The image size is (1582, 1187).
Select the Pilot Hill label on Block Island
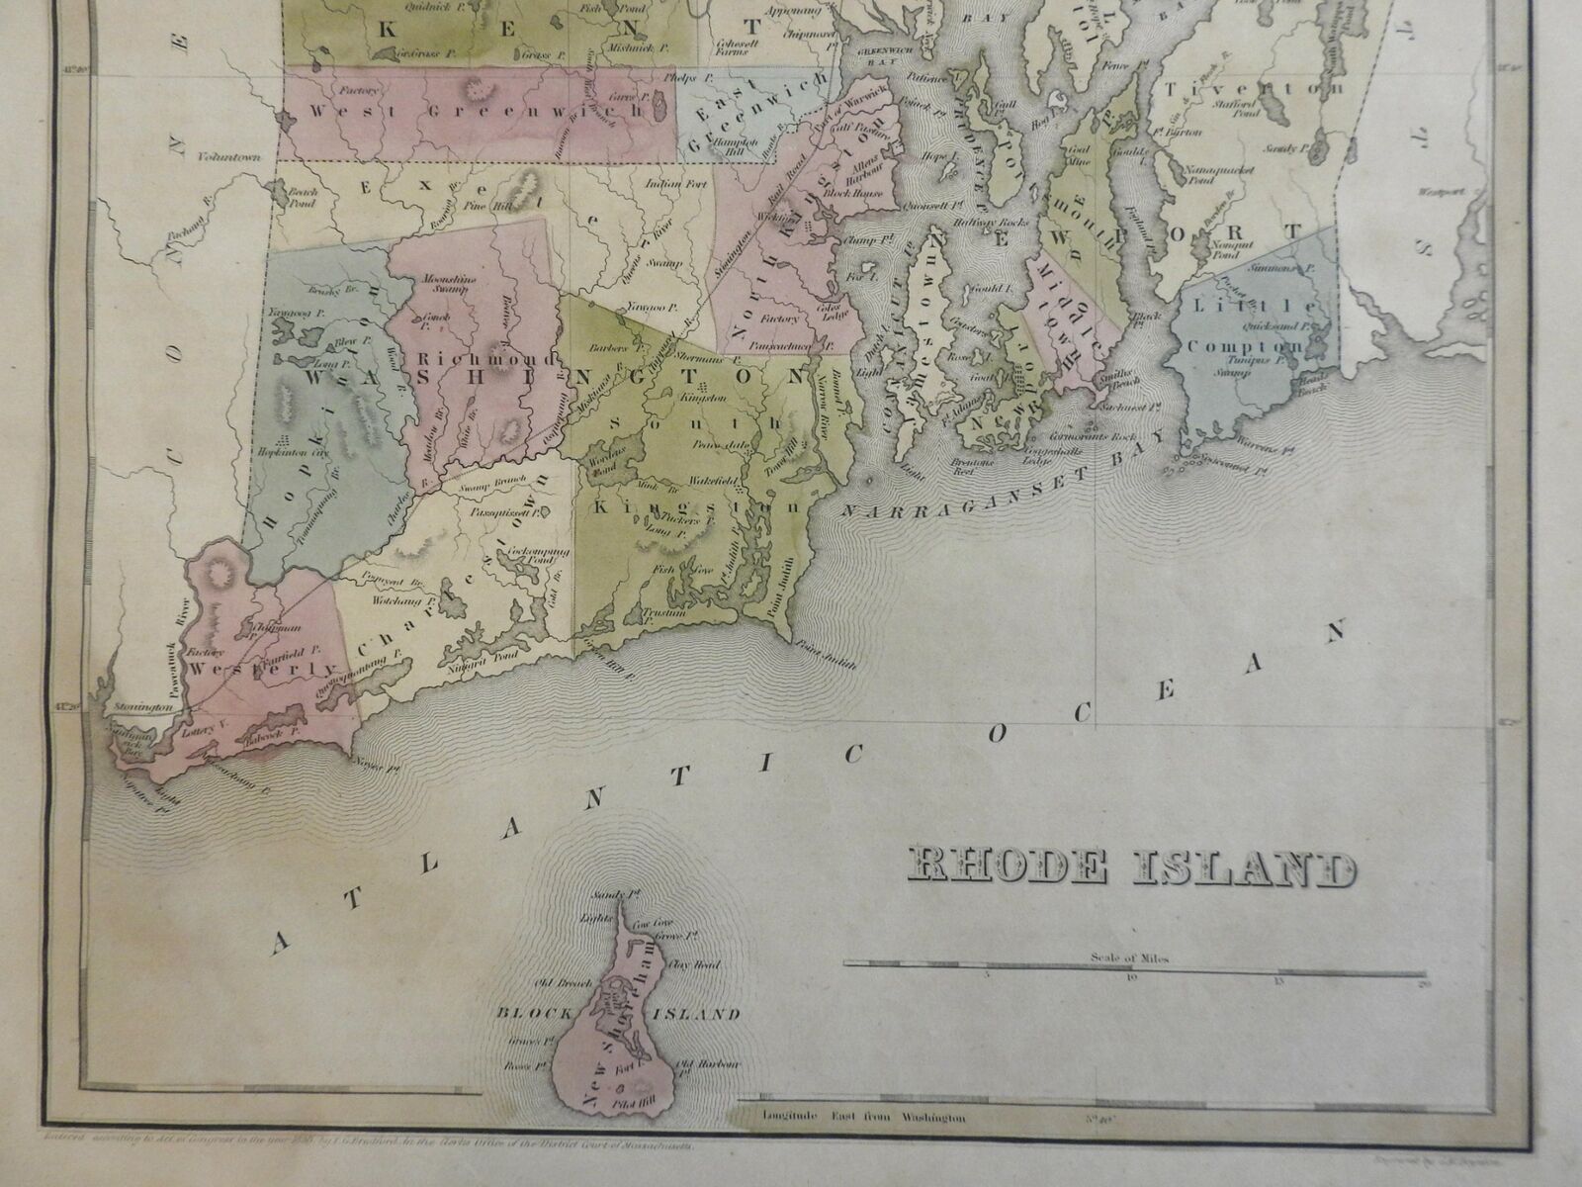coord(651,1108)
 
